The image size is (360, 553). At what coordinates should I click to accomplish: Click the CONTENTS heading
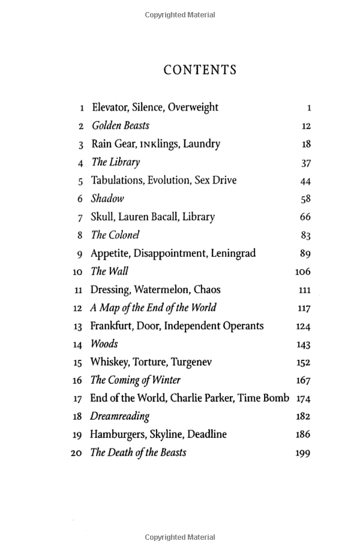click(x=200, y=70)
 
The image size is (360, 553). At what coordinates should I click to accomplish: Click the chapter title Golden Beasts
click(x=120, y=126)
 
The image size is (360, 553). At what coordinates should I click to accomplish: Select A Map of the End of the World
click(x=153, y=308)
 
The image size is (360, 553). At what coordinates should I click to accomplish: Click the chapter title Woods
click(x=104, y=344)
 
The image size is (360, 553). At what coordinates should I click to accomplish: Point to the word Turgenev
click(x=191, y=362)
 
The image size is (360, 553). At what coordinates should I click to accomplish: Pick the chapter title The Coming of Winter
click(x=135, y=381)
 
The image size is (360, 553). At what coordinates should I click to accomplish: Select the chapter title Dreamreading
click(x=119, y=416)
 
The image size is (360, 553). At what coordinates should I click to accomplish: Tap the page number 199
click(x=303, y=453)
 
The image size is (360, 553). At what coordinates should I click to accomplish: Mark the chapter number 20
click(x=76, y=453)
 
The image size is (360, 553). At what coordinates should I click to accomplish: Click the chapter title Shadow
click(x=107, y=199)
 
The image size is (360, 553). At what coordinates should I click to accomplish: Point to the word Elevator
click(x=110, y=108)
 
